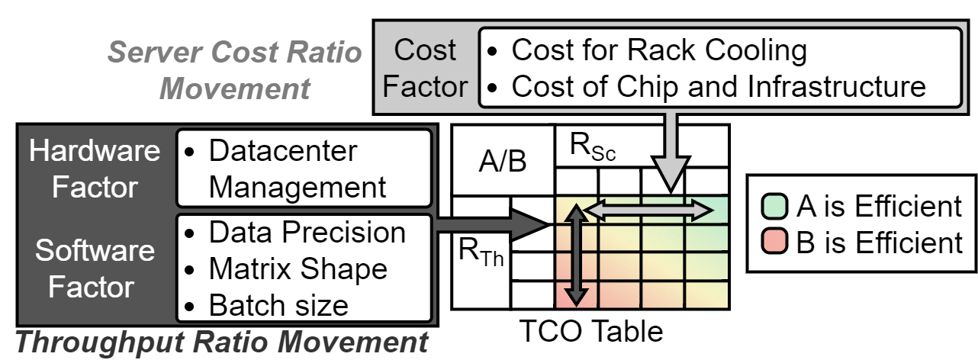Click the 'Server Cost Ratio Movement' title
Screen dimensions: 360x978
tap(235, 70)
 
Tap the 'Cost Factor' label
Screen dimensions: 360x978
tap(425, 69)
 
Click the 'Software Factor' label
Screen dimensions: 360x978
tap(95, 268)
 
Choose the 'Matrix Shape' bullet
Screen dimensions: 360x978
tap(298, 268)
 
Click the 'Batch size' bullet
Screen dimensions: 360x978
tap(278, 305)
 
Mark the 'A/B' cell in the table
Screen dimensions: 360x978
tap(502, 162)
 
